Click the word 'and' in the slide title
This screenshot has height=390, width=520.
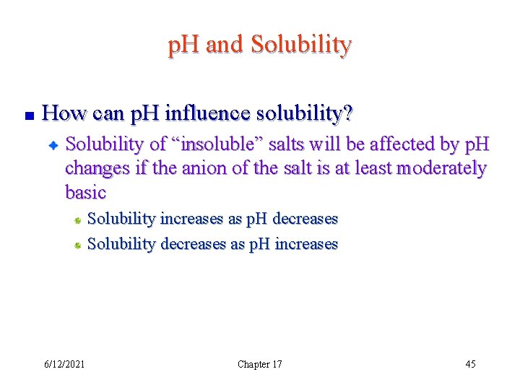(x=225, y=45)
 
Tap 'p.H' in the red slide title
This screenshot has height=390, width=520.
(x=184, y=45)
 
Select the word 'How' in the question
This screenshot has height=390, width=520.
(x=61, y=113)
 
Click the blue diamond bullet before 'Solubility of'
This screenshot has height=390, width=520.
(x=53, y=145)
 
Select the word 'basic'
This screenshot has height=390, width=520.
(x=85, y=193)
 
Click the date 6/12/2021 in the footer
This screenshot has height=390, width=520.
(x=64, y=364)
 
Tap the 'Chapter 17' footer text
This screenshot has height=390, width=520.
(x=260, y=364)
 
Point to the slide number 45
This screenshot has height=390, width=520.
(x=470, y=364)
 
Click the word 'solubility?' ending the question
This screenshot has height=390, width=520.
(x=311, y=113)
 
